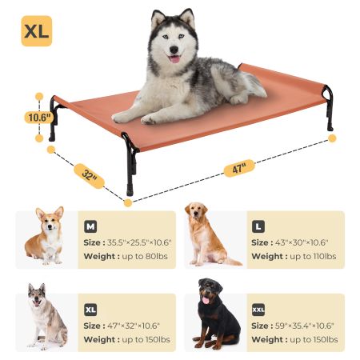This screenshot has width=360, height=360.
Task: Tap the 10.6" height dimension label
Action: (38, 117)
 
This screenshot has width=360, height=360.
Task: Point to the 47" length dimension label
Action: (238, 168)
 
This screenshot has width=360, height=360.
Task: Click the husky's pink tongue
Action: (174, 58)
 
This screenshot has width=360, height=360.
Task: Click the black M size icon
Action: (90, 226)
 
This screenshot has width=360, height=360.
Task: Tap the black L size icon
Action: (258, 226)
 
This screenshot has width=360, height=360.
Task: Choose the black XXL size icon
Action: (259, 309)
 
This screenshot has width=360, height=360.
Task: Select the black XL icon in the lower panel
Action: (90, 309)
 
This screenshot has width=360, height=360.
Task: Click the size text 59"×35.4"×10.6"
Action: (306, 326)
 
